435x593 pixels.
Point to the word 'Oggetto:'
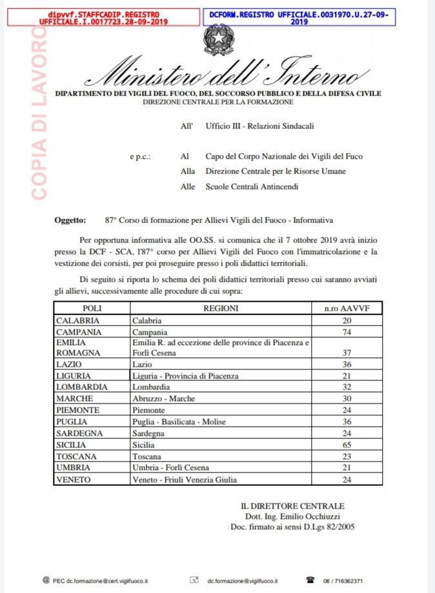[x=70, y=220]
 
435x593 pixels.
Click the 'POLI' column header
[x=92, y=308]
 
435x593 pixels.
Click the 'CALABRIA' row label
[x=77, y=320]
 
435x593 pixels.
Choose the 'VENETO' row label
[x=73, y=480]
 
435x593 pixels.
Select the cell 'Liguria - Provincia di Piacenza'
[x=185, y=376]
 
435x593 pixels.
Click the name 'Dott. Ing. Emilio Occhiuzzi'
[x=292, y=516]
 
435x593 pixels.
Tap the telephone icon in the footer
[x=310, y=580]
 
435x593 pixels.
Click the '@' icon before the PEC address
[x=45, y=580]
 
